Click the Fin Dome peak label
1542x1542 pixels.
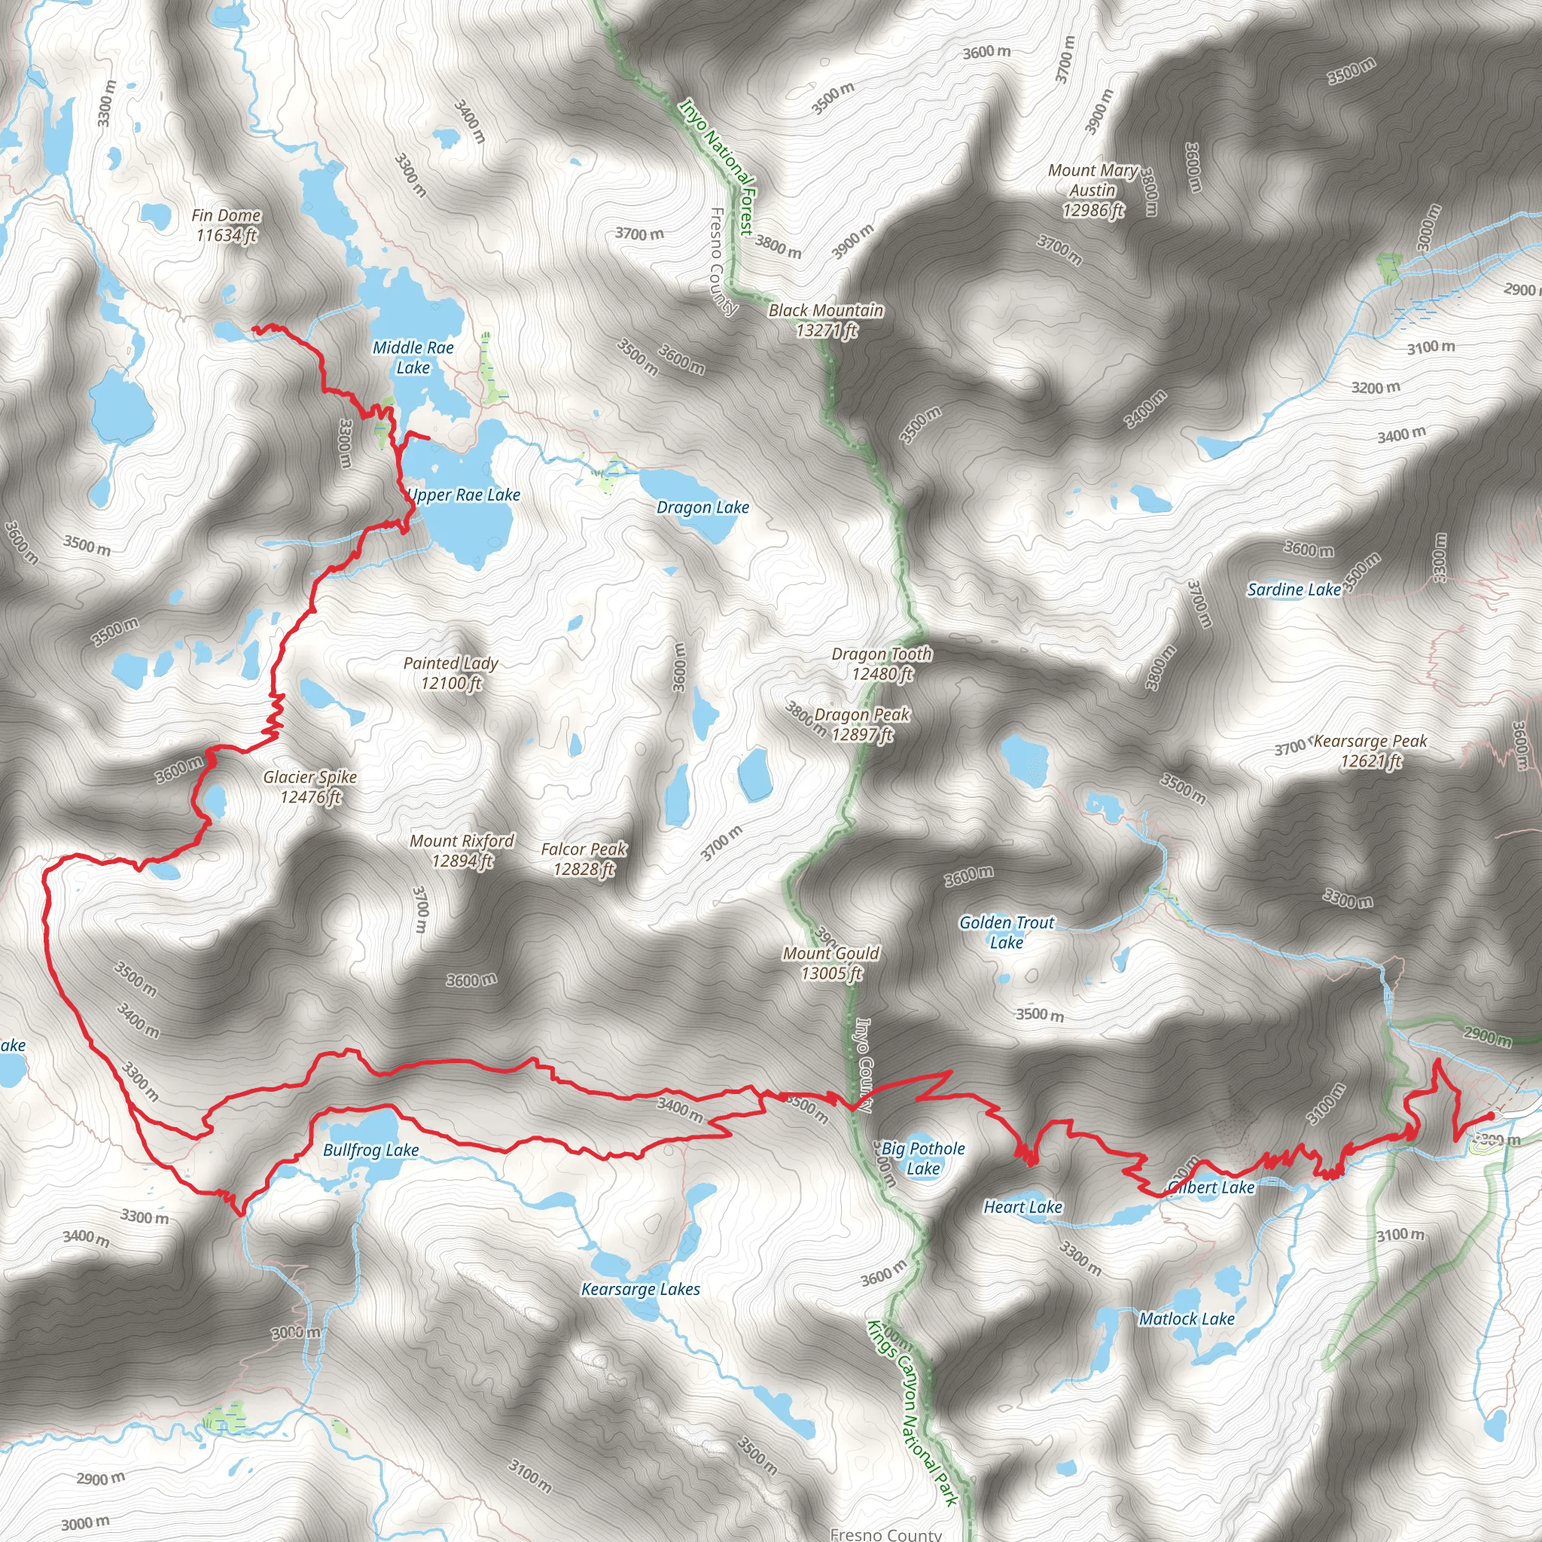click(x=226, y=225)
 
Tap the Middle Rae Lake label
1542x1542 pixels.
click(x=413, y=358)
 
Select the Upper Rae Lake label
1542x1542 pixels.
click(x=465, y=495)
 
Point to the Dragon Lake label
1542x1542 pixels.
click(x=702, y=507)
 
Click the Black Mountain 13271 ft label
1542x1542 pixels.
click(x=826, y=320)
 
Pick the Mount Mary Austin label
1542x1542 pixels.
click(x=1093, y=190)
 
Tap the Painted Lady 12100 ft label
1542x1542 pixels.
click(x=451, y=673)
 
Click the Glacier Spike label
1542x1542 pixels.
click(x=310, y=786)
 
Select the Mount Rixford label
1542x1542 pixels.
click(x=462, y=850)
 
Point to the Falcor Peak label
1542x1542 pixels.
click(x=584, y=859)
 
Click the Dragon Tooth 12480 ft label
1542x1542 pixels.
click(x=882, y=663)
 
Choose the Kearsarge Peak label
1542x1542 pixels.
click(x=1370, y=750)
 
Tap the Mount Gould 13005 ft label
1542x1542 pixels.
click(x=831, y=962)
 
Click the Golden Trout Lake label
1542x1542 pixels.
click(x=1007, y=932)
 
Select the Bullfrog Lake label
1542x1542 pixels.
click(x=371, y=1150)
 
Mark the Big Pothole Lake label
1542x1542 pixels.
click(x=923, y=1158)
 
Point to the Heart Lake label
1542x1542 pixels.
click(x=1022, y=1207)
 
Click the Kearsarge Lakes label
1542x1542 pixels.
click(x=640, y=1289)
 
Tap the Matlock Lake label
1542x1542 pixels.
click(x=1187, y=1318)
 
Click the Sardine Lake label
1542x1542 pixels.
click(x=1294, y=590)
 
